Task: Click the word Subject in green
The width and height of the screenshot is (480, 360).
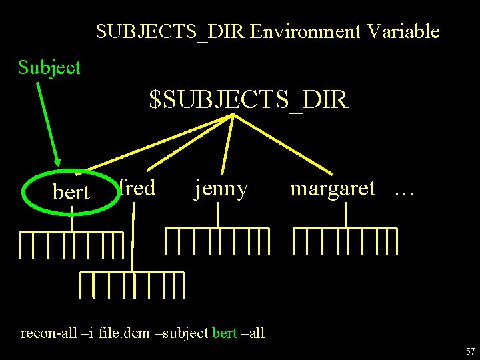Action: point(49,67)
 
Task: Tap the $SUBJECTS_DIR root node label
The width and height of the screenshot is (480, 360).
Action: point(248,100)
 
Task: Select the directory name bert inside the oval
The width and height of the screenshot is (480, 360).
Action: point(71,192)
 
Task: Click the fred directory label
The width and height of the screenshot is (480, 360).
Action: point(137,188)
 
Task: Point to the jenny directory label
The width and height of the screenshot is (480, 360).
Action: point(221,189)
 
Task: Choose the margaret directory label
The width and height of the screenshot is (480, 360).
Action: point(332,189)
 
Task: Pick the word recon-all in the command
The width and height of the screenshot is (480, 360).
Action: point(47,332)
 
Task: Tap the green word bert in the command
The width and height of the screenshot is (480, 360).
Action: point(224,332)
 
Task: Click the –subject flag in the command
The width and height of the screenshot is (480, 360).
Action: point(183,332)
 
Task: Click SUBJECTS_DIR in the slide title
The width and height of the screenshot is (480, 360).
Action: point(171,31)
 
